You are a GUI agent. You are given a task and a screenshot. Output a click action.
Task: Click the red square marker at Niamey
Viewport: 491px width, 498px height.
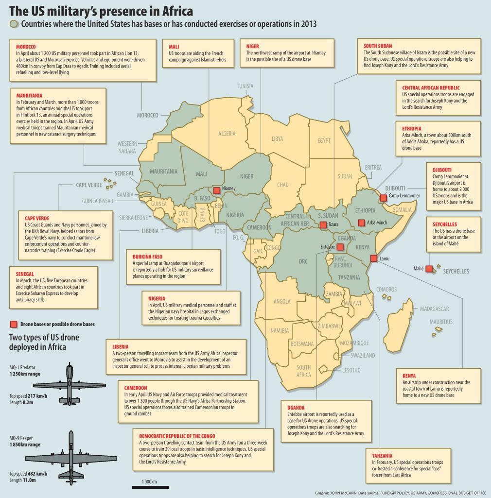click(217, 190)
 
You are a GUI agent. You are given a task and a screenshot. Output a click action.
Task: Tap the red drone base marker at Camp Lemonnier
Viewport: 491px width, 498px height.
click(384, 198)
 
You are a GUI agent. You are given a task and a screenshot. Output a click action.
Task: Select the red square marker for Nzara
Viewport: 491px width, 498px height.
click(323, 225)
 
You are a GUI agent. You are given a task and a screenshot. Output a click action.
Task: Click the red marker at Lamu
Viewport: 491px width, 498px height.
click(373, 258)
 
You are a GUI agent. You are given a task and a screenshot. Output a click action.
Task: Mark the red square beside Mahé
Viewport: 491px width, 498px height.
click(429, 269)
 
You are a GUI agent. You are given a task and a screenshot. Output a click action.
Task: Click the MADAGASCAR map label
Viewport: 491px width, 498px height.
click(434, 309)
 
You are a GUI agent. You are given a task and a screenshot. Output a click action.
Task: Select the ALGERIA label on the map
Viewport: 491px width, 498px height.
click(227, 134)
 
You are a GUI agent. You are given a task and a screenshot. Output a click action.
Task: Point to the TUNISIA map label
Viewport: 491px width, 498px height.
click(245, 86)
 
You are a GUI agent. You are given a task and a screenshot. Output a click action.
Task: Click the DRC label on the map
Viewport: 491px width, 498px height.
click(303, 262)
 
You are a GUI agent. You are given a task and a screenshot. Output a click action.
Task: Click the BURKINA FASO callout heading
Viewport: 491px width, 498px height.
click(147, 257)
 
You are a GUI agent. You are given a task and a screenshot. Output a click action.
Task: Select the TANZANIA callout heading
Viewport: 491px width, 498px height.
click(382, 456)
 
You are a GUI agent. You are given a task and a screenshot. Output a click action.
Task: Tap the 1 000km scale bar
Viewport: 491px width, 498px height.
click(150, 487)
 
